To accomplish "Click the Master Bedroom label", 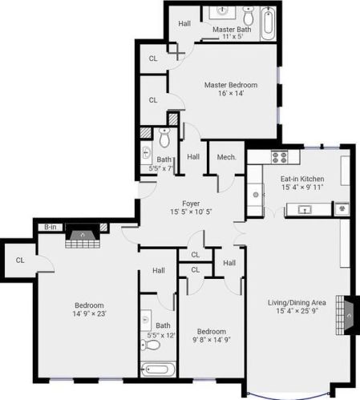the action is pyautogui.click(x=231, y=85).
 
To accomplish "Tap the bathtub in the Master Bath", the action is pyautogui.click(x=269, y=23).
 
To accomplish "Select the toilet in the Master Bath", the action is pyautogui.click(x=249, y=15).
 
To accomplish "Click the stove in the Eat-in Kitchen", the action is pyautogui.click(x=280, y=157).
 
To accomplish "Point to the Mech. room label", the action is pyautogui.click(x=226, y=157).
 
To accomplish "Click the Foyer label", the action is pyautogui.click(x=191, y=204).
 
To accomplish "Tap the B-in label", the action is pyautogui.click(x=51, y=227).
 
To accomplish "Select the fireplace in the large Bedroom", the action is pyautogui.click(x=83, y=236).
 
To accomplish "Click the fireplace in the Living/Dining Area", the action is pyautogui.click(x=346, y=315).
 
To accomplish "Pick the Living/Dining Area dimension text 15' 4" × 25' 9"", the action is pyautogui.click(x=297, y=311).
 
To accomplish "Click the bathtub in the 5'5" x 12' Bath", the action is pyautogui.click(x=158, y=370).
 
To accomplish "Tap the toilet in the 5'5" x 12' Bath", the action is pyautogui.click(x=150, y=345).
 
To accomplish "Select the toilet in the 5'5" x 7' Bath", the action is pyautogui.click(x=164, y=137).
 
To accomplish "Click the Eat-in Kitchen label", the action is pyautogui.click(x=302, y=179).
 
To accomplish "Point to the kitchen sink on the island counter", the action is pyautogui.click(x=305, y=210).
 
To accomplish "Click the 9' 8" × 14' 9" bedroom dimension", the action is pyautogui.click(x=212, y=340).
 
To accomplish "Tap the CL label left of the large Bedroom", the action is pyautogui.click(x=20, y=260).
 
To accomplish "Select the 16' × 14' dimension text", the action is pyautogui.click(x=231, y=93).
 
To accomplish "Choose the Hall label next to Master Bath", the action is pyautogui.click(x=184, y=23).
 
